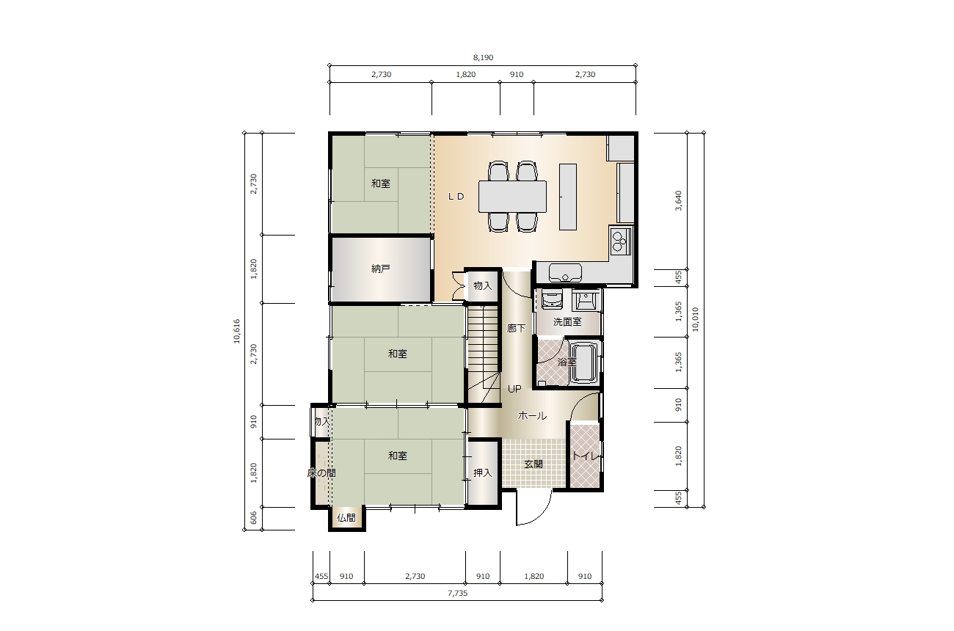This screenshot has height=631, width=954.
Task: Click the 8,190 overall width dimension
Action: point(483,57)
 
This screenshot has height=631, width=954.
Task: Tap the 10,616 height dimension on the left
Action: point(237,331)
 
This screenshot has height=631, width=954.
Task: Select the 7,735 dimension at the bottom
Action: point(458,593)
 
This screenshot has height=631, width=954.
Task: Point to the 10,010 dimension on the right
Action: point(695,319)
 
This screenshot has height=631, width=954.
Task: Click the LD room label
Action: point(456,197)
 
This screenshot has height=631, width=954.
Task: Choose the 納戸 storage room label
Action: point(381,269)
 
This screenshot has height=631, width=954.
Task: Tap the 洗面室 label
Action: point(567,322)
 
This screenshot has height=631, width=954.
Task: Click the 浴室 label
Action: point(567,362)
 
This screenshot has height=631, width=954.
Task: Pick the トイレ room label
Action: point(586,456)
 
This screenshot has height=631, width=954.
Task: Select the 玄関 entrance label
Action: point(534,464)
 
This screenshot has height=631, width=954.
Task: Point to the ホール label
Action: point(532,415)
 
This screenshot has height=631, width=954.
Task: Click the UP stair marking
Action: point(514,389)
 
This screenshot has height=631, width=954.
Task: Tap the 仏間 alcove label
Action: point(346,518)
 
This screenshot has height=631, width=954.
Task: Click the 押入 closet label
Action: point(483,473)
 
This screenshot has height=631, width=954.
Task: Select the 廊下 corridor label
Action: point(516,328)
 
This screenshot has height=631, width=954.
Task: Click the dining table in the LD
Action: point(512,197)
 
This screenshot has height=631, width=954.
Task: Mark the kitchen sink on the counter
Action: point(565,273)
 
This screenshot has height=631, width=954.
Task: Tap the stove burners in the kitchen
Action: point(620,241)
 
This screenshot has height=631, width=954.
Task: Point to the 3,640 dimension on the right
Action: point(679,200)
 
